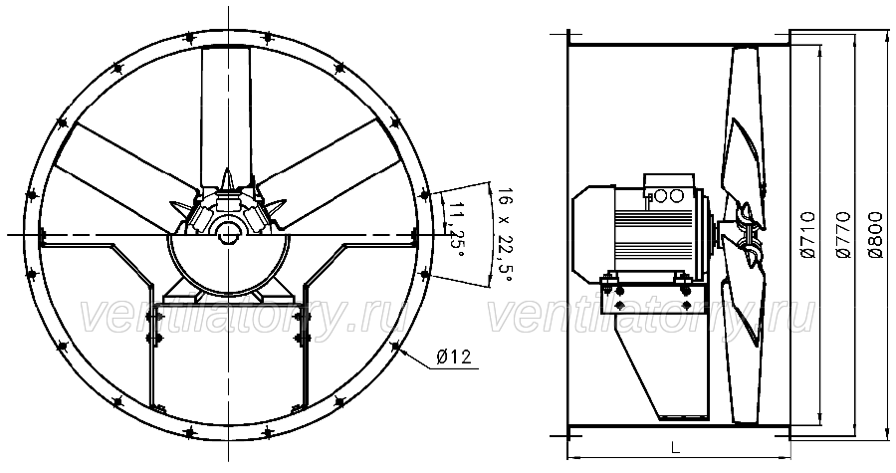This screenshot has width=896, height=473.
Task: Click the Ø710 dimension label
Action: (808, 235)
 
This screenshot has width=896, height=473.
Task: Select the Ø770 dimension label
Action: (844, 235)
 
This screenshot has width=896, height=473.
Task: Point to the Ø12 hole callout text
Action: (454, 357)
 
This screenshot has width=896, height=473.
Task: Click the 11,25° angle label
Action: (456, 228)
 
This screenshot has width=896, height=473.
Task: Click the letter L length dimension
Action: (675, 447)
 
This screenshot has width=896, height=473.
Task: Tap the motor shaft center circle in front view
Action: (229, 234)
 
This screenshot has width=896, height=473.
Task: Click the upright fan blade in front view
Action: (225, 115)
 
